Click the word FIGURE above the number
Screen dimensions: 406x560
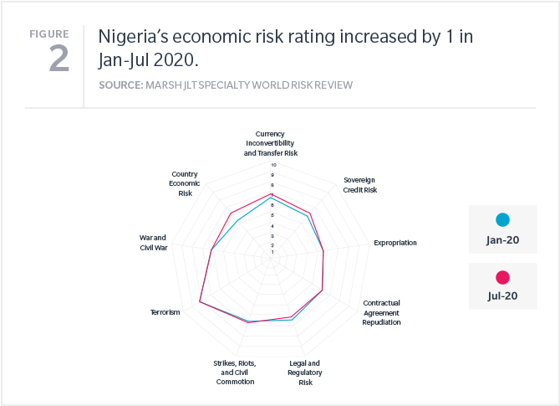click(49, 33)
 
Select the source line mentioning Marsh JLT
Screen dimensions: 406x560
click(226, 85)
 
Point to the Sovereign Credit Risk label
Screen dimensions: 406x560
click(360, 185)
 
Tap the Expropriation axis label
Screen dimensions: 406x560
click(395, 243)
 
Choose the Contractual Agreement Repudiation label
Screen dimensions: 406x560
click(382, 311)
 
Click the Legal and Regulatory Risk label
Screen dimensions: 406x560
click(305, 373)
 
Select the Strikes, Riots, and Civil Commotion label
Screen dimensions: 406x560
click(234, 373)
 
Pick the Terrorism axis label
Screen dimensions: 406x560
click(165, 312)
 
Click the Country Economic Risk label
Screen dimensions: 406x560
click(185, 183)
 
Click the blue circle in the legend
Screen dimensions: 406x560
click(502, 220)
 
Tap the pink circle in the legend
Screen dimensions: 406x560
click(502, 277)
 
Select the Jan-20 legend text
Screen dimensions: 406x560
click(502, 240)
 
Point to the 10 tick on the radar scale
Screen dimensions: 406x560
click(272, 165)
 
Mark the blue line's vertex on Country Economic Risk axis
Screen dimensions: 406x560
click(237, 221)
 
